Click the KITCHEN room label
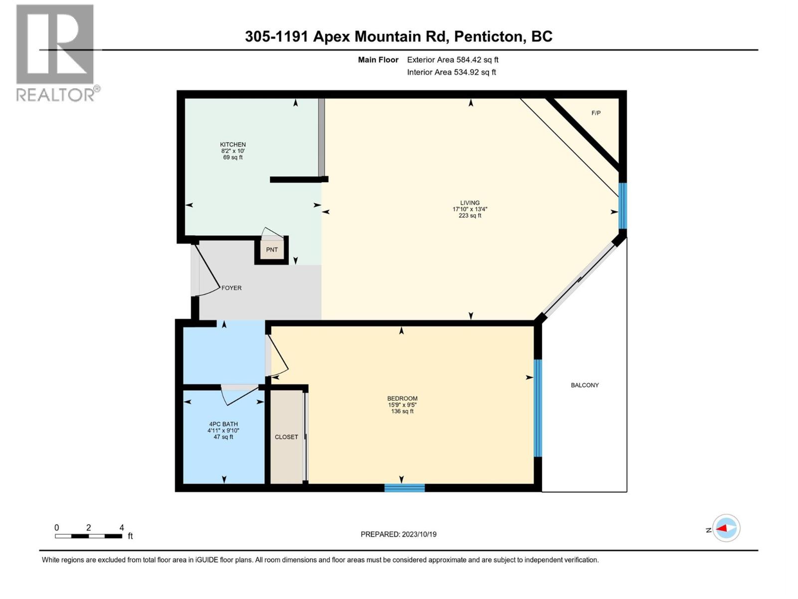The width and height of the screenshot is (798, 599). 233,145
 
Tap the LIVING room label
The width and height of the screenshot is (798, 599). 470,203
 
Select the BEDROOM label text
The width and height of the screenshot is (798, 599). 402,398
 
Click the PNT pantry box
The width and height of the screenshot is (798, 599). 272,250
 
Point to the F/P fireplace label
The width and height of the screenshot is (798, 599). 596,113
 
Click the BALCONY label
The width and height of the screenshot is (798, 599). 585,385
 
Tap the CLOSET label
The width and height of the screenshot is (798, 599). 286,437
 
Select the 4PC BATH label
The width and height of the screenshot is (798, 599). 223,424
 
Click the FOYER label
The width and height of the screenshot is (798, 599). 231,288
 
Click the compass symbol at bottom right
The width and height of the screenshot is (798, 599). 726,528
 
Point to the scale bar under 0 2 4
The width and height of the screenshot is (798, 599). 88,536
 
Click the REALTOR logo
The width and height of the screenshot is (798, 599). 55,52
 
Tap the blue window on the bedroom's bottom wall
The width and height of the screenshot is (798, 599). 404,488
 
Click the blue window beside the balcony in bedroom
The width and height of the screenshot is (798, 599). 538,408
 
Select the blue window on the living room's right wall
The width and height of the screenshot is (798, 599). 622,206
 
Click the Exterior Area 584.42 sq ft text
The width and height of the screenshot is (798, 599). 452,60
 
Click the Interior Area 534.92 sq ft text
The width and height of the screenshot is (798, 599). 451,72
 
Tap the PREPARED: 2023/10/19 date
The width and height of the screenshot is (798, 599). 399,534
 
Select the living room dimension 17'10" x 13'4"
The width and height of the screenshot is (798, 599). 470,209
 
